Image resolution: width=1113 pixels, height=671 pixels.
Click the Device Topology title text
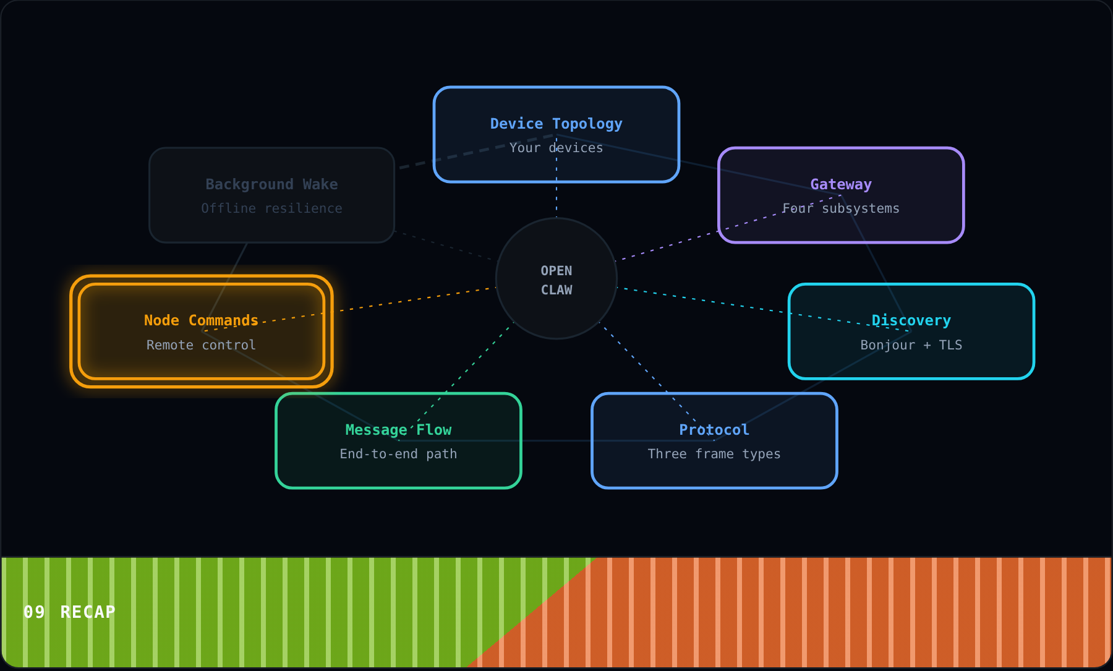click(x=556, y=124)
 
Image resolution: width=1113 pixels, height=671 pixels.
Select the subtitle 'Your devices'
click(x=556, y=148)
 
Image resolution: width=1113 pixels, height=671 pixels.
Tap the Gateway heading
click(x=841, y=184)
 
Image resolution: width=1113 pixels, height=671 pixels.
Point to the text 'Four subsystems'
click(x=841, y=208)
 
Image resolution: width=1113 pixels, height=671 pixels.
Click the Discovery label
click(x=911, y=320)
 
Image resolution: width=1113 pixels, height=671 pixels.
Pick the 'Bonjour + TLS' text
click(x=911, y=345)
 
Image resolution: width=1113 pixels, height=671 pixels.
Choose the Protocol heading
click(x=714, y=430)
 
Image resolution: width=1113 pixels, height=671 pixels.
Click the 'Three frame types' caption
click(x=714, y=454)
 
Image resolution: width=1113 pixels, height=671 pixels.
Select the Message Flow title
click(x=398, y=430)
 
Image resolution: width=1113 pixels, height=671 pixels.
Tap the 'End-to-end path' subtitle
click(x=398, y=454)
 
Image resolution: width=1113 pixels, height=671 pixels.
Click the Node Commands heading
click(x=201, y=320)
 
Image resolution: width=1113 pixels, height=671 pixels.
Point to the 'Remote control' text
click(x=201, y=345)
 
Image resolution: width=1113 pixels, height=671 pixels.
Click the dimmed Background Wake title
click(x=271, y=184)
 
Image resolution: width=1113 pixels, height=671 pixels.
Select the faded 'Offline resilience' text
click(x=271, y=208)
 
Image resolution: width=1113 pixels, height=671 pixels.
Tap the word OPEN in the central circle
click(x=556, y=271)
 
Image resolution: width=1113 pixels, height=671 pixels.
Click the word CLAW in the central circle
click(x=556, y=290)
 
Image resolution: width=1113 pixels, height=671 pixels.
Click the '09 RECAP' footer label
click(x=69, y=612)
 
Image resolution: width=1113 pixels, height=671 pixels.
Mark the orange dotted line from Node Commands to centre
click(x=348, y=309)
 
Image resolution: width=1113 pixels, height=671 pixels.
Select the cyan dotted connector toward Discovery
click(x=764, y=309)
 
